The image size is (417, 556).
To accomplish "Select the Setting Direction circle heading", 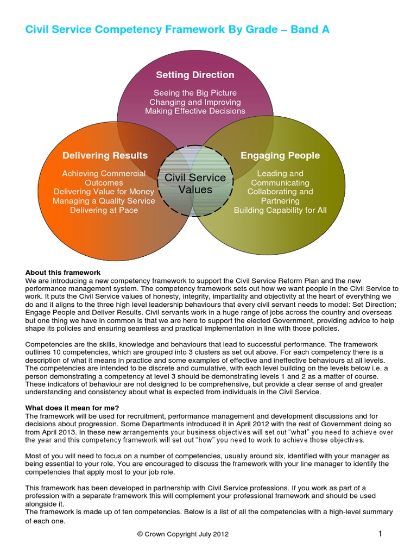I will point(195,75).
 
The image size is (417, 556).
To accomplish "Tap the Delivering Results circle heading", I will point(105,156).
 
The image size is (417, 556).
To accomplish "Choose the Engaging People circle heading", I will point(280,156).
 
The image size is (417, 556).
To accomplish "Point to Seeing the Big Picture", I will point(195,93).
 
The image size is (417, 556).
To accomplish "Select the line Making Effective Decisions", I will point(195,111).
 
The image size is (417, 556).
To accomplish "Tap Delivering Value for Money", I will point(104,192).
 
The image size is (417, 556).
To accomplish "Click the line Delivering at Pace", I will point(104,210).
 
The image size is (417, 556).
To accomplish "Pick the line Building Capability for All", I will point(280,210).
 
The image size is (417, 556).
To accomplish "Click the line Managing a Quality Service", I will point(104,201).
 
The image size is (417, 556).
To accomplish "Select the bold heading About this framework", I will point(63,272).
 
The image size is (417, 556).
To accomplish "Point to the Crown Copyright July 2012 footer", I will point(183,534).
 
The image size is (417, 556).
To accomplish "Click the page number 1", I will point(380,534).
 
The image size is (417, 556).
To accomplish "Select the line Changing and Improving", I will point(195,102).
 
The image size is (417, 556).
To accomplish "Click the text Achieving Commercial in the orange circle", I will point(104,174).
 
